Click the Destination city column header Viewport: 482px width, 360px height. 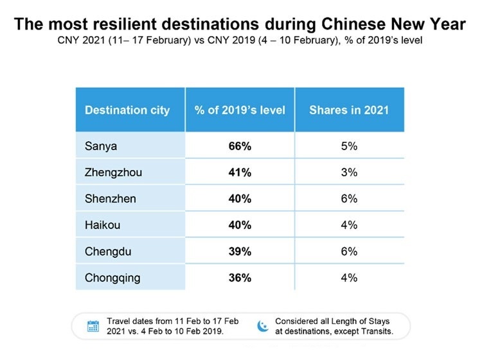tap(127, 110)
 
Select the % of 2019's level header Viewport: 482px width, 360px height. tap(240, 110)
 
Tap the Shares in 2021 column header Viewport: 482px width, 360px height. tap(349, 110)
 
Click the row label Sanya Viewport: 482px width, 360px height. tap(100, 146)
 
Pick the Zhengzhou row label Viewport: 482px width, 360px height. tap(112, 173)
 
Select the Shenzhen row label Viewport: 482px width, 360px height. tap(111, 199)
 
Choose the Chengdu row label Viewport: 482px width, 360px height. tap(107, 252)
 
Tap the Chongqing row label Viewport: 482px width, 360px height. tap(111, 278)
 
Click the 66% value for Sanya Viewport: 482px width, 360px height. tap(240, 146)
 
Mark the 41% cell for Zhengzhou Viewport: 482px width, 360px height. tap(240, 173)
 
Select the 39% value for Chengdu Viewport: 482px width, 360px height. tap(240, 252)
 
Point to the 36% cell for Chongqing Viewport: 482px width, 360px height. tap(240, 278)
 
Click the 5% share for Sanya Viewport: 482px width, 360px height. tap(349, 146)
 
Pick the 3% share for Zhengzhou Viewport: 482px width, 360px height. tap(349, 173)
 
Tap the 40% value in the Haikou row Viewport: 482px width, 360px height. tap(240, 225)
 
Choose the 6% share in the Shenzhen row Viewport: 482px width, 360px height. tap(349, 199)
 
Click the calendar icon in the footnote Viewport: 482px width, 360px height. tap(93, 326)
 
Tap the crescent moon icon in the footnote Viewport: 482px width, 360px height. tap(262, 325)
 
